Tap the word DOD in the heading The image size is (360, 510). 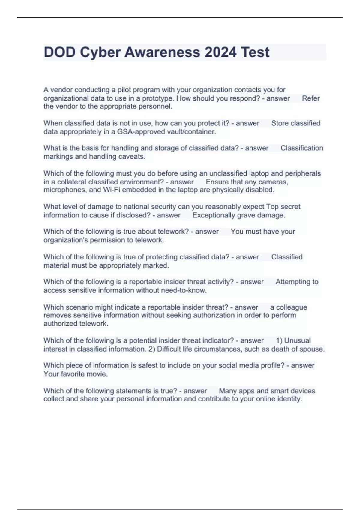(59, 52)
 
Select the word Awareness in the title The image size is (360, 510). (162, 52)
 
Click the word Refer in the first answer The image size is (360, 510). (311, 98)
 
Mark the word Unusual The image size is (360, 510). (297, 341)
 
